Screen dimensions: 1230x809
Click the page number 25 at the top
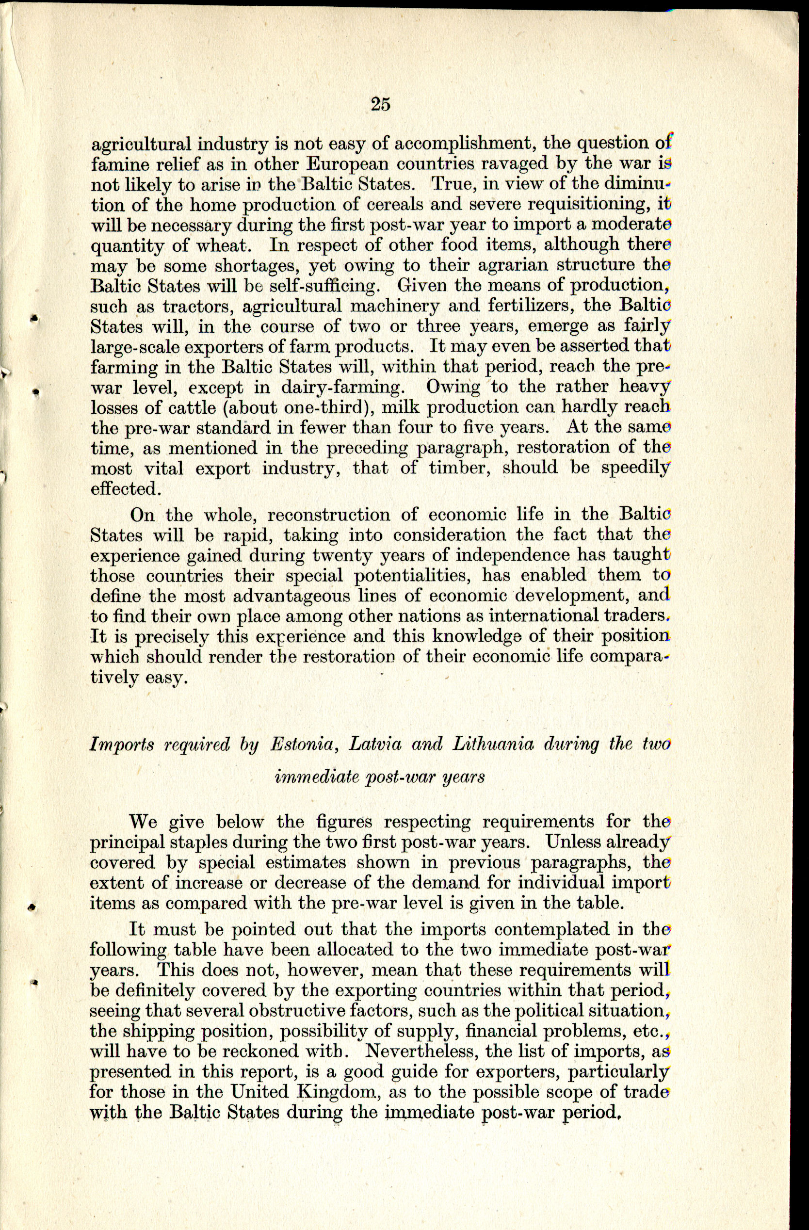(x=380, y=104)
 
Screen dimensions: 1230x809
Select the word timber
(x=457, y=468)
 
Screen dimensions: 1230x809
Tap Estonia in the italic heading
(x=303, y=744)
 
